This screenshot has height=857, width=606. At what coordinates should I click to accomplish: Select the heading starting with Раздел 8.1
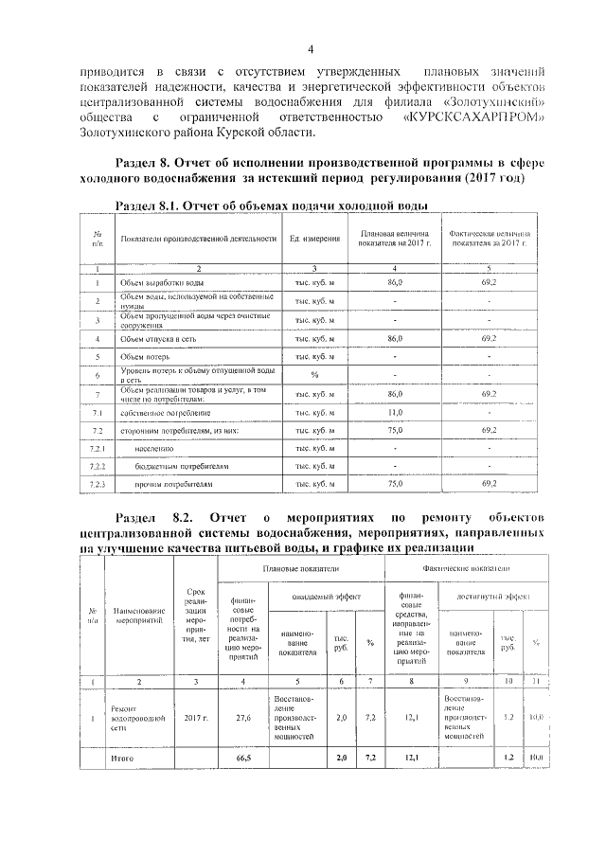(x=269, y=205)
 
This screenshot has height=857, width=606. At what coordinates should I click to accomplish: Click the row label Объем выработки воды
(x=161, y=283)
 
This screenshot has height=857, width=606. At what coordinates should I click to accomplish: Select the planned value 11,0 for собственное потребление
(x=396, y=413)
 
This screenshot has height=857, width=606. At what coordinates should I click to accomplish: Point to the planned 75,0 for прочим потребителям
(x=396, y=484)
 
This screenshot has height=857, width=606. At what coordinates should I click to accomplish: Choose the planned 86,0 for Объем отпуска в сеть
(x=396, y=337)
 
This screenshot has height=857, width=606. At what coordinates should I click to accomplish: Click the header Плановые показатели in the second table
(x=301, y=568)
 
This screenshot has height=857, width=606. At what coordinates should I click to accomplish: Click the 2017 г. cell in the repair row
(x=196, y=719)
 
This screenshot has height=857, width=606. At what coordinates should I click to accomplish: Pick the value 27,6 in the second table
(x=243, y=719)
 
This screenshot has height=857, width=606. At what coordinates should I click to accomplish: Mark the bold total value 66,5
(x=243, y=758)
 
